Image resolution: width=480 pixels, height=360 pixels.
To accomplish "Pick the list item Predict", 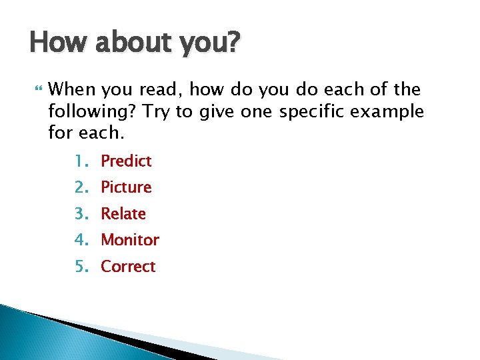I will coord(126,161).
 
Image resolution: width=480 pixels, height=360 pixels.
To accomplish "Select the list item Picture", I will coord(126,187).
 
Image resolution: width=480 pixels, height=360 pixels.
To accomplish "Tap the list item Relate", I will coord(123,214).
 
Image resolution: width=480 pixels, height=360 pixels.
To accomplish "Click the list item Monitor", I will coord(130,240).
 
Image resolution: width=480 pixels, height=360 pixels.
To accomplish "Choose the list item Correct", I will coord(128,267).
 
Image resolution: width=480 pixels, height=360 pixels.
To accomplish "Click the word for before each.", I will coord(61,133).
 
